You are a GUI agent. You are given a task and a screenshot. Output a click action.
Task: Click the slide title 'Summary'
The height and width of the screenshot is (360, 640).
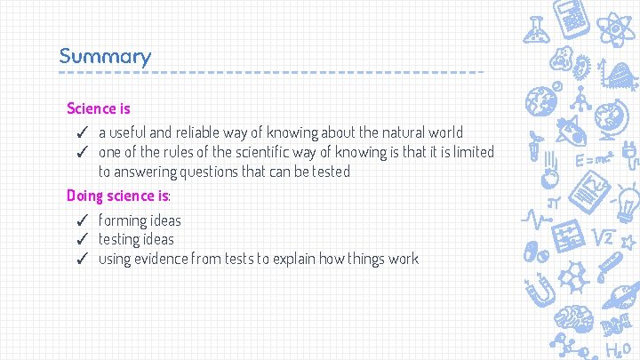[105, 56]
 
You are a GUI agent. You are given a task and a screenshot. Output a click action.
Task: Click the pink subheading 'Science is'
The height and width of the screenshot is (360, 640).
[99, 108]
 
